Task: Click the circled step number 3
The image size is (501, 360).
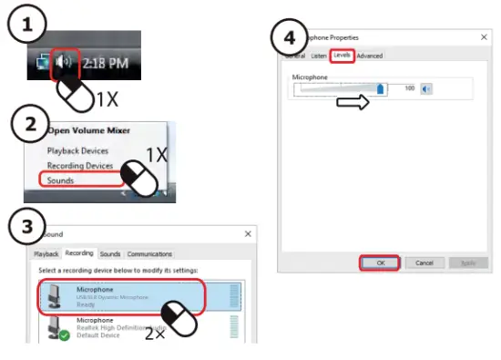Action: tap(28, 230)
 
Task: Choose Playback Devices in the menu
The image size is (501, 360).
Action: tap(78, 150)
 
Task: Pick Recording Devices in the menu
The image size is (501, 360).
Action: tap(80, 166)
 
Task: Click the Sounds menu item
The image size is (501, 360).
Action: tap(61, 180)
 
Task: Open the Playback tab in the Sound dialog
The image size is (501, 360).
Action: tap(46, 254)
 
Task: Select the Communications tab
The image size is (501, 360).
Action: tap(149, 254)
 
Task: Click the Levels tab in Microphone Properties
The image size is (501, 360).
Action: tap(342, 56)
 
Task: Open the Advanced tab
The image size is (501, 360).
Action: tap(369, 56)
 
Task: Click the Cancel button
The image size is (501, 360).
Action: tap(424, 262)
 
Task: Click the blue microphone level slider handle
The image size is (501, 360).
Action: tap(381, 88)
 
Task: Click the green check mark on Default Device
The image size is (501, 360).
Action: tap(64, 336)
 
